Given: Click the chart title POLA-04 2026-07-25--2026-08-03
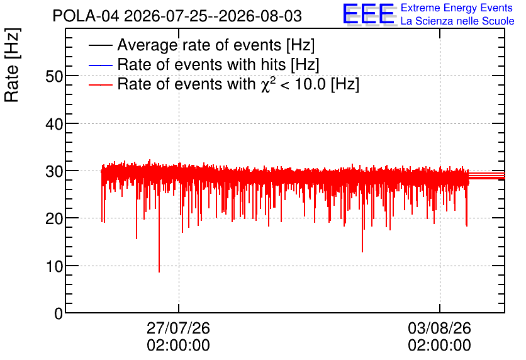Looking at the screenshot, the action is (177, 16).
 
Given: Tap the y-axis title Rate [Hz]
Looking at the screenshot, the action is (12, 65).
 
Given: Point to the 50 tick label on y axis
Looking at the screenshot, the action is (54, 77).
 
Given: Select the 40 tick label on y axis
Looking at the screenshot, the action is (54, 124).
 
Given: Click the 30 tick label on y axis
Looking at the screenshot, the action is (54, 171).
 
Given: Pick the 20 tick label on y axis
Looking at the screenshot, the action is (54, 219).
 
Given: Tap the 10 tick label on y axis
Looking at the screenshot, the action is (54, 266).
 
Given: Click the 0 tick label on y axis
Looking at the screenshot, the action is (59, 313).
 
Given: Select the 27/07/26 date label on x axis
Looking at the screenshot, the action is (179, 328).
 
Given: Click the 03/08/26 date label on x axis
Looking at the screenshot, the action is (439, 328).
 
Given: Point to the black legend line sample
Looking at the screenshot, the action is (100, 45).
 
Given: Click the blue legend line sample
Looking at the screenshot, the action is (100, 65).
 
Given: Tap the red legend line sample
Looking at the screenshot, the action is (100, 84).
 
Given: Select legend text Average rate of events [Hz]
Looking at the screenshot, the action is (216, 45).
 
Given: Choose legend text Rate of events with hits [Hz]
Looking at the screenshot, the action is (218, 64).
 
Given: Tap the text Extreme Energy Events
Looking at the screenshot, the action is (457, 8).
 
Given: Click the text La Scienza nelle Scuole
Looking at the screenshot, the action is (457, 21).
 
